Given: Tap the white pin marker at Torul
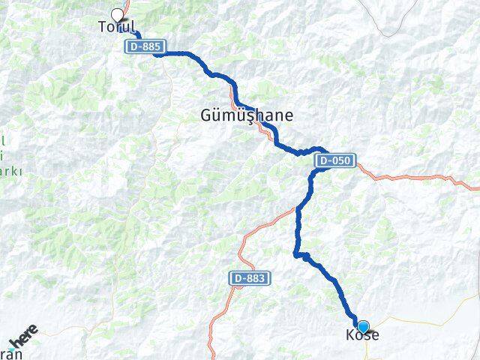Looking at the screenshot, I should (x=117, y=15).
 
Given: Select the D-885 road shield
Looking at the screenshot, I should (x=143, y=46).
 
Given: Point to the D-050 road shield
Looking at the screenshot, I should (x=334, y=160).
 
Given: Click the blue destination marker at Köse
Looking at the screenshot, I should (x=364, y=326).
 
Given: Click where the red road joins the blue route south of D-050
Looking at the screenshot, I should (x=299, y=208).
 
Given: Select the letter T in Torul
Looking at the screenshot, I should (x=103, y=27).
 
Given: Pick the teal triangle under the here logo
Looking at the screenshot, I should (x=13, y=349).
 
